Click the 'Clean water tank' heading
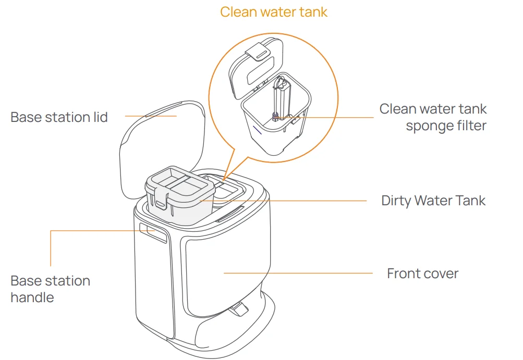pyautogui.click(x=273, y=12)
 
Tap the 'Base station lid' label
pyautogui.click(x=59, y=117)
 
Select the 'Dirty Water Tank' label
pyautogui.click(x=433, y=201)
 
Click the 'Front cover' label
pyautogui.click(x=422, y=274)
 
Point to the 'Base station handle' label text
pyautogui.click(x=50, y=289)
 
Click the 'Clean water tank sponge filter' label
pyautogui.click(x=433, y=117)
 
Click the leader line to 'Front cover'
pyautogui.click(x=297, y=272)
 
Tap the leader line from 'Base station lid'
pyautogui.click(x=151, y=116)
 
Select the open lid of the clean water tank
pyautogui.click(x=256, y=68)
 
